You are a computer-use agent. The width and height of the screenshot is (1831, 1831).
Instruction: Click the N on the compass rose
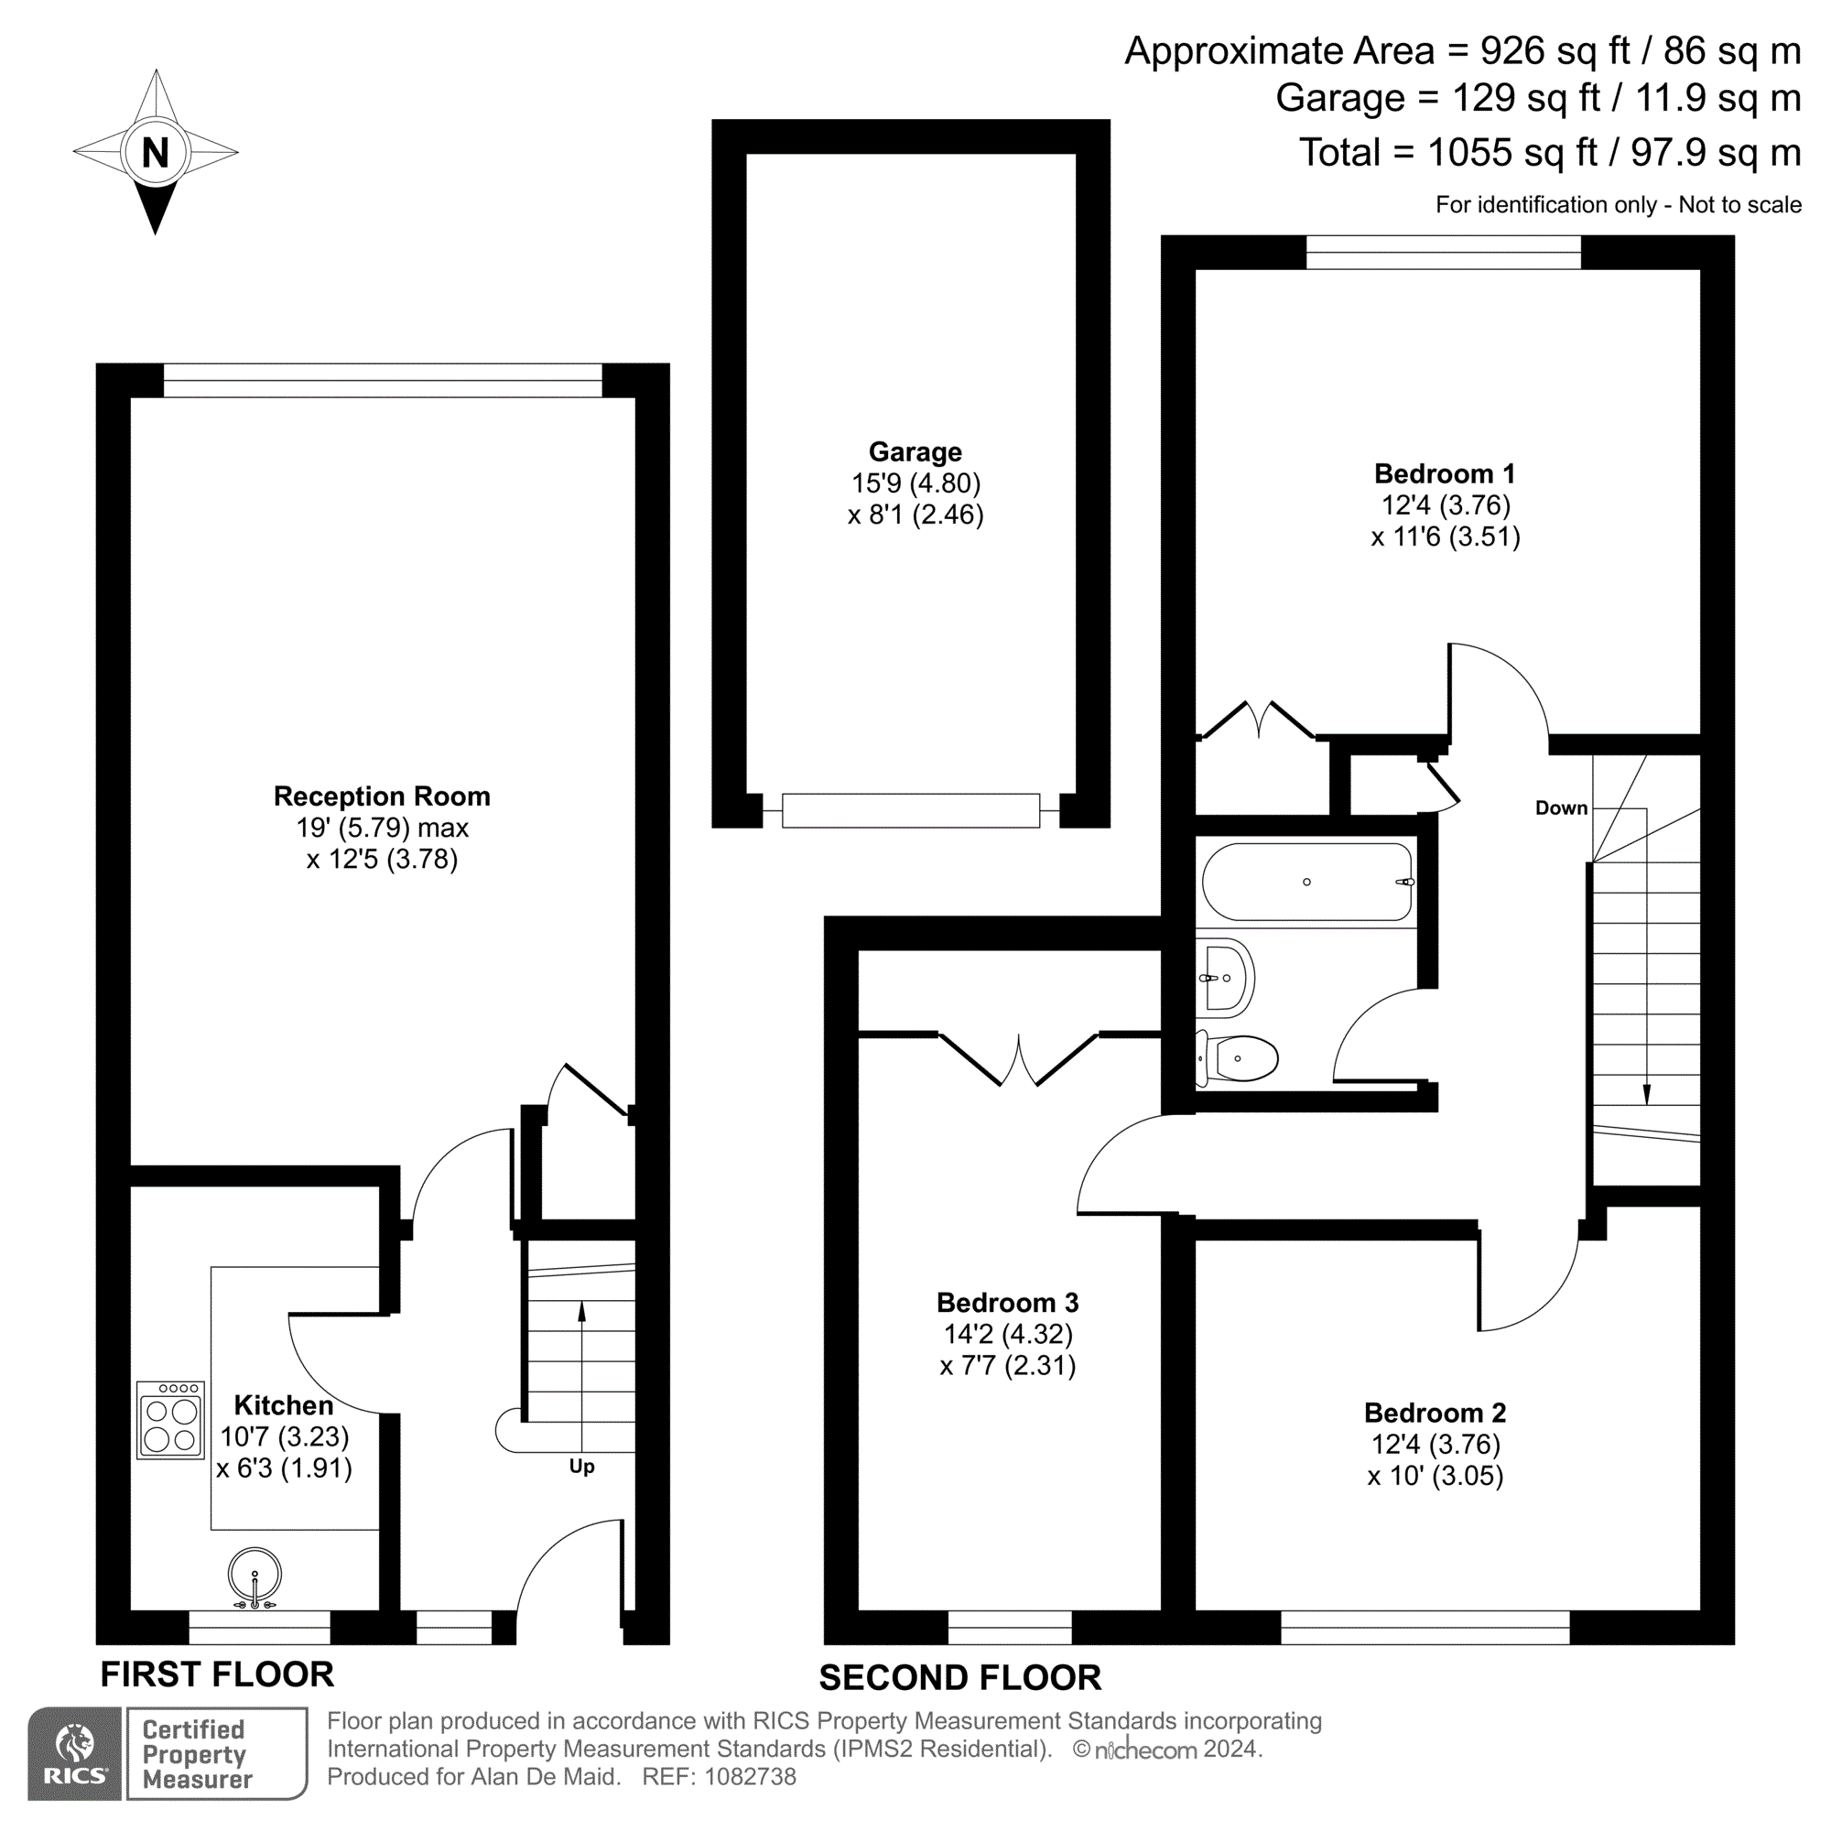156,153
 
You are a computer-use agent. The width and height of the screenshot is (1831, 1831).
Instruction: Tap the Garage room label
915,452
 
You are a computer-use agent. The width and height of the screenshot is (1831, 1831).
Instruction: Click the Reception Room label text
382,796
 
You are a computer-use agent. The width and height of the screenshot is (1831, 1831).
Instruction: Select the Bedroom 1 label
1445,474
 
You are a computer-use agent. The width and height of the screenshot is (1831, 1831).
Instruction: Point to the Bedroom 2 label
1434,1413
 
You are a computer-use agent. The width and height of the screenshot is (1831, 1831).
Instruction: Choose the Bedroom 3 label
1006,1302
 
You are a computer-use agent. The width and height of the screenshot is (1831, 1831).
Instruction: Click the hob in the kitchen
170,1419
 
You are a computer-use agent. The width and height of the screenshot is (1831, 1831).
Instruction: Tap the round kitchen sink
255,1575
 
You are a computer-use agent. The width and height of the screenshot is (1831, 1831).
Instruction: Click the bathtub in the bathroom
1308,883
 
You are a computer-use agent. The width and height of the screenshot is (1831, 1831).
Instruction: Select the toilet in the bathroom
1241,1057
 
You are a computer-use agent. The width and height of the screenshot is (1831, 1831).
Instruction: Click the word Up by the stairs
582,1466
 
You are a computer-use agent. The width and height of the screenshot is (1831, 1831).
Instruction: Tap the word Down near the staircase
1561,808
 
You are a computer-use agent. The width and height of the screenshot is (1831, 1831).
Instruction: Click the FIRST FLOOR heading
217,1674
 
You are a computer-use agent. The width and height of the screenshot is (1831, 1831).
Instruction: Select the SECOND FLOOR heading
959,1678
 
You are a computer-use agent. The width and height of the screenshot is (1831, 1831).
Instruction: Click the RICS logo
75,1752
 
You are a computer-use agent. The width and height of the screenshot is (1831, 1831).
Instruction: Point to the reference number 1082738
750,1777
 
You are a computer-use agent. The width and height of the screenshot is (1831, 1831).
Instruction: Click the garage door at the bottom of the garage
911,811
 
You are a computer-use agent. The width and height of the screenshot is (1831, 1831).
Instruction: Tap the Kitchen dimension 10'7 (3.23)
285,1436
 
